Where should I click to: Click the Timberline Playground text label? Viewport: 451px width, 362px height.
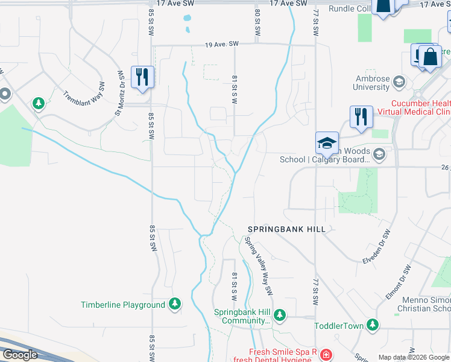tap(123, 305)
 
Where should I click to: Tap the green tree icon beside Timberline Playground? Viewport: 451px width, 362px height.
tap(175, 304)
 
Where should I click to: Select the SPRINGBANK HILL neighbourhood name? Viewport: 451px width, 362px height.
tap(286, 229)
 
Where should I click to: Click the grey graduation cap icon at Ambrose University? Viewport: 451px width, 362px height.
tap(399, 81)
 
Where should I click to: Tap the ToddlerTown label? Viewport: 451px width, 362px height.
tap(339, 326)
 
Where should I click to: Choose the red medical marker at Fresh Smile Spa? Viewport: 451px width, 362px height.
tap(326, 354)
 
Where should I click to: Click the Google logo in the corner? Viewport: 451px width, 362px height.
tap(19, 355)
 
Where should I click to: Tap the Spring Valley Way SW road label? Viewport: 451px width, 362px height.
tap(259, 264)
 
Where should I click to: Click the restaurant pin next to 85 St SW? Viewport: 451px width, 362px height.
tap(142, 77)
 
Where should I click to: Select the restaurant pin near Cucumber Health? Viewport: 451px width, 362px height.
tap(361, 117)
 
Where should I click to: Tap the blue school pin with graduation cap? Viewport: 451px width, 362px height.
tap(326, 144)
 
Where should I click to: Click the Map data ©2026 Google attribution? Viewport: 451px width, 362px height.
tap(414, 357)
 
